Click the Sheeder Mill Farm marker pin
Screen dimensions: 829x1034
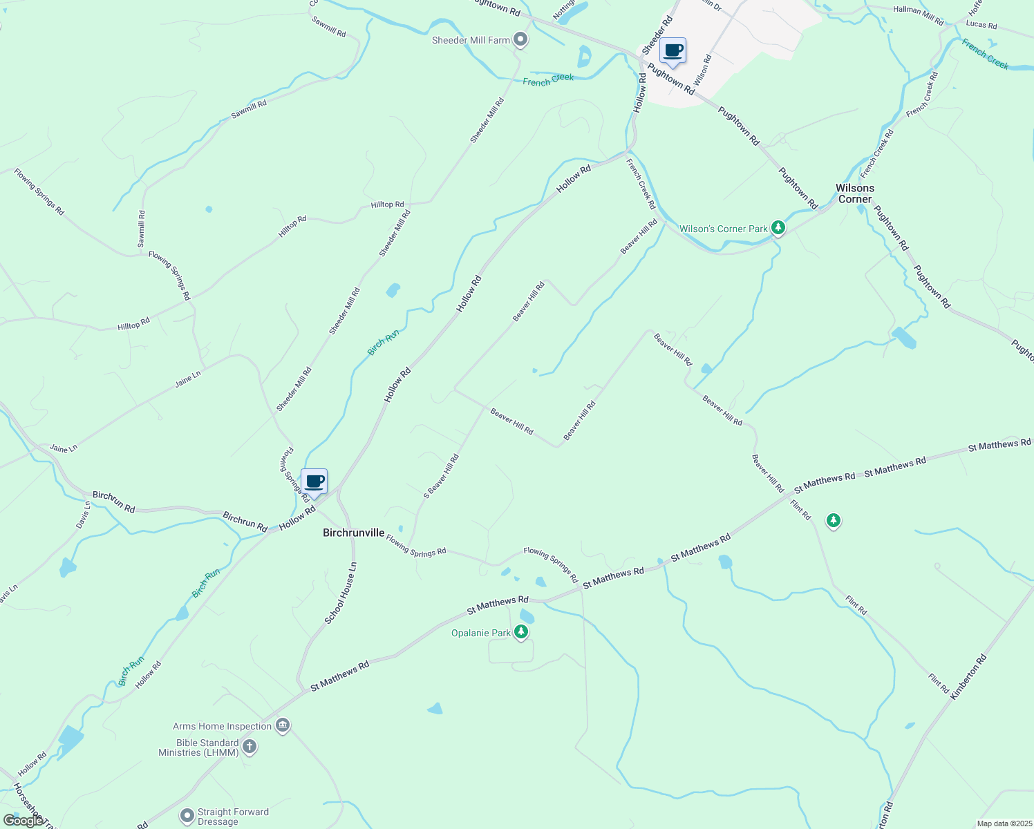(x=521, y=40)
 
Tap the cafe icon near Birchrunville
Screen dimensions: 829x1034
(x=314, y=482)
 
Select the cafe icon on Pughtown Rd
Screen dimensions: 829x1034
(x=673, y=50)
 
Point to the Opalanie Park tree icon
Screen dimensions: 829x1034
(x=521, y=631)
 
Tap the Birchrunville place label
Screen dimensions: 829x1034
(x=353, y=533)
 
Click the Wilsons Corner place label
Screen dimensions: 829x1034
(x=855, y=193)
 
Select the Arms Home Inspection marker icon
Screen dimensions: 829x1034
(x=282, y=725)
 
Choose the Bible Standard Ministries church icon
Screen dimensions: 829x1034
(x=250, y=747)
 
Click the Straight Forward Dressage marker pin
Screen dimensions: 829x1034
(x=187, y=816)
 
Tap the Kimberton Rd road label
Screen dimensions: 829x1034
(x=968, y=677)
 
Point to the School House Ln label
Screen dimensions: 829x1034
(x=341, y=593)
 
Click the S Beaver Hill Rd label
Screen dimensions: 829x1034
(x=441, y=475)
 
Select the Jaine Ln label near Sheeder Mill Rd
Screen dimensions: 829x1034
(x=187, y=379)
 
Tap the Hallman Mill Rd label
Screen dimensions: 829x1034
(x=918, y=15)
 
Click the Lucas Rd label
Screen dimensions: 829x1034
(x=981, y=25)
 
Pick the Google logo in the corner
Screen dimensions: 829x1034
(x=23, y=820)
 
